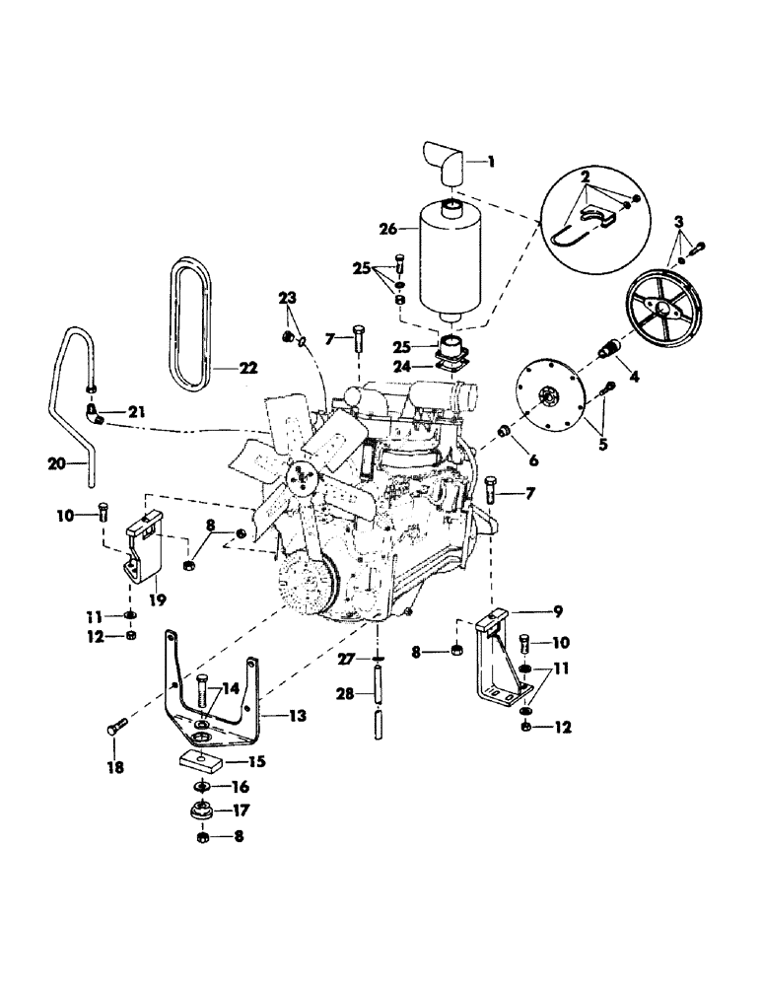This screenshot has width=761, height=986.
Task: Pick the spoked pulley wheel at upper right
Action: (x=668, y=313)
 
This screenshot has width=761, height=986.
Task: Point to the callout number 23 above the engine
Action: (x=287, y=298)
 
